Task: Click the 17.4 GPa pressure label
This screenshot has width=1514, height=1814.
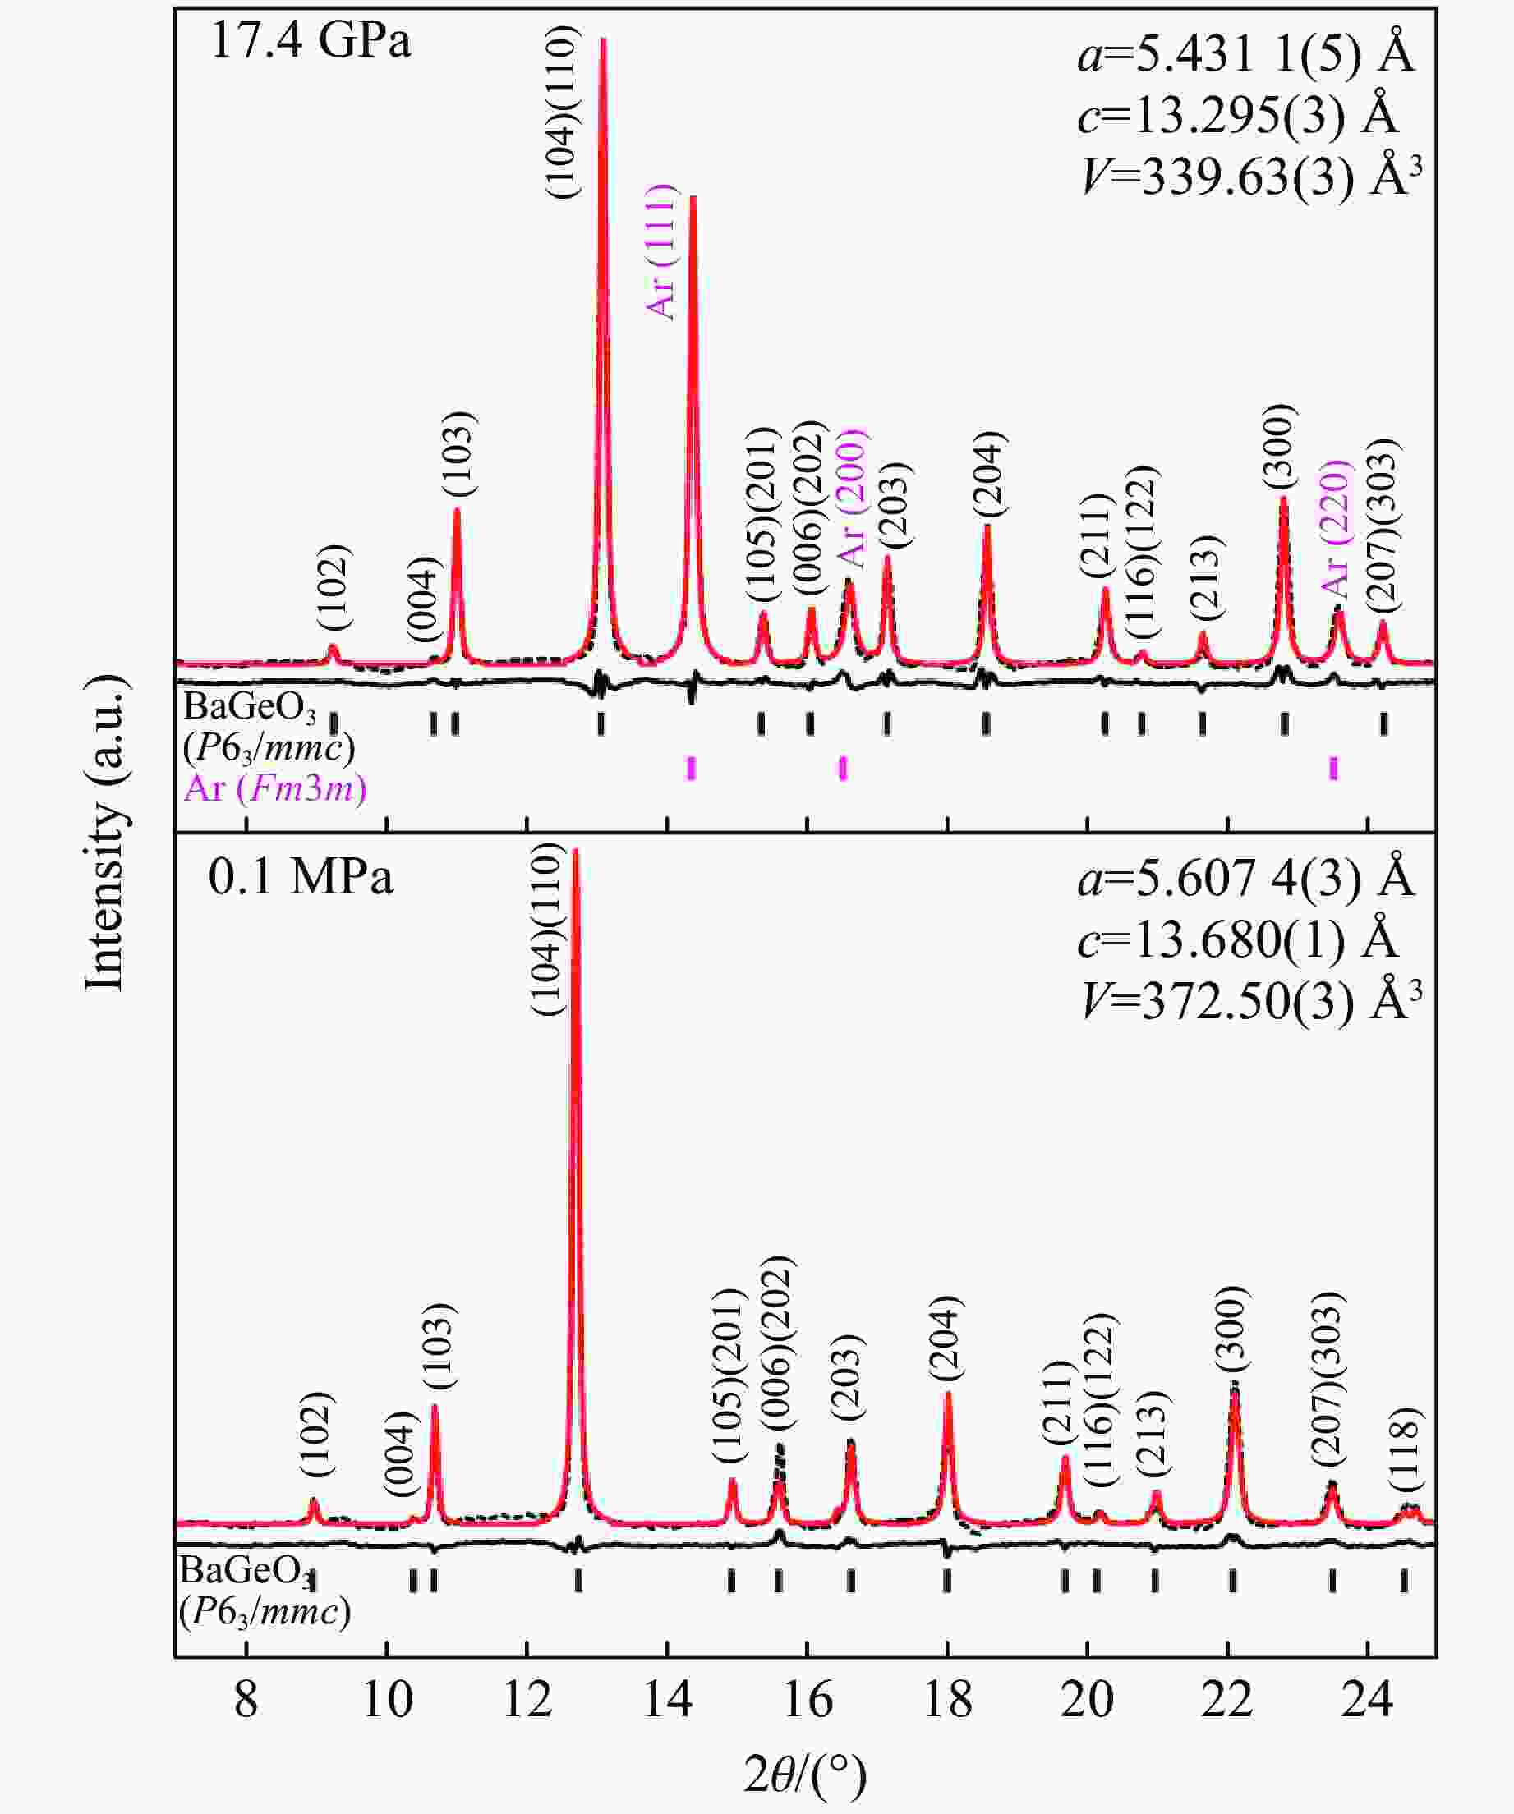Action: click(x=311, y=40)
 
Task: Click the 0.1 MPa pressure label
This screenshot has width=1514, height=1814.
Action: click(x=301, y=878)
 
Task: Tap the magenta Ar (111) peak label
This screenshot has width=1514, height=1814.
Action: click(x=661, y=251)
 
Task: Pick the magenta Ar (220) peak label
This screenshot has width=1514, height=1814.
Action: click(x=1336, y=529)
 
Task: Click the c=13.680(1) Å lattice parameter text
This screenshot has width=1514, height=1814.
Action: click(x=1237, y=939)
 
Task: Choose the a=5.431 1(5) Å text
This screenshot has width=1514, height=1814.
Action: click(x=1246, y=55)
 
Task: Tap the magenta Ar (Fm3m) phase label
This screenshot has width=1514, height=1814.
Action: click(x=275, y=788)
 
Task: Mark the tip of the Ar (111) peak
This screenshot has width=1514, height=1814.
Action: click(x=693, y=198)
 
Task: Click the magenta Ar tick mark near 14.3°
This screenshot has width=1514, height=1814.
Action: click(x=691, y=767)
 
